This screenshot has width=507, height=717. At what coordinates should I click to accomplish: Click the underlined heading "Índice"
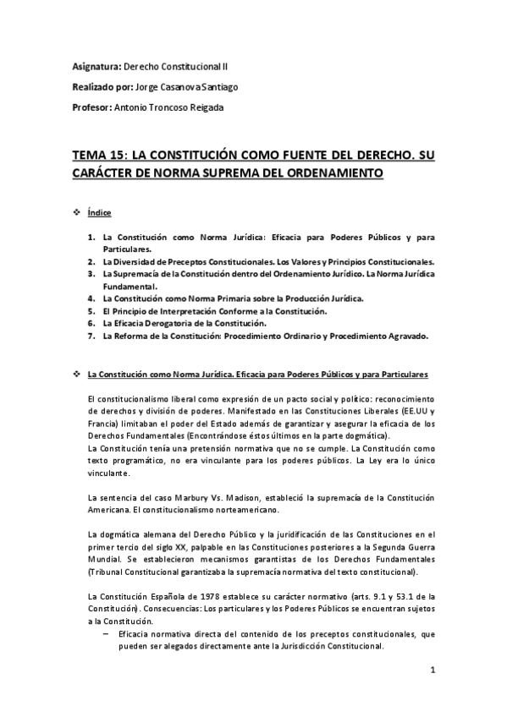99,213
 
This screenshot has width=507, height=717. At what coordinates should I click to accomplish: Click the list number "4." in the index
91,298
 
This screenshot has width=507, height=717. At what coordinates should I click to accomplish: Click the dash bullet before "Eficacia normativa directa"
106,633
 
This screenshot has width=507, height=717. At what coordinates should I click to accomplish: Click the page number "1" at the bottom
432,671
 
